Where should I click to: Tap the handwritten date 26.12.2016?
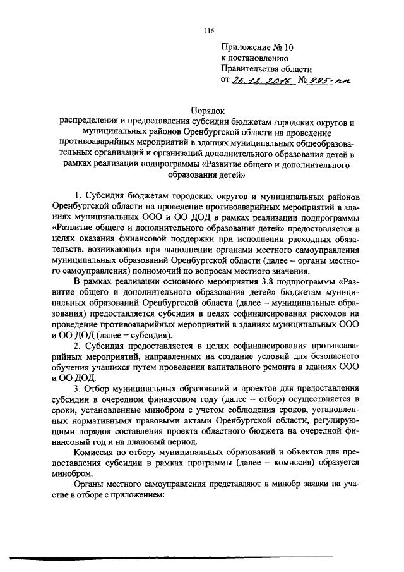click(x=259, y=80)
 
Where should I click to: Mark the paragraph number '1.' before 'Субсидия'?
click(x=79, y=193)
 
